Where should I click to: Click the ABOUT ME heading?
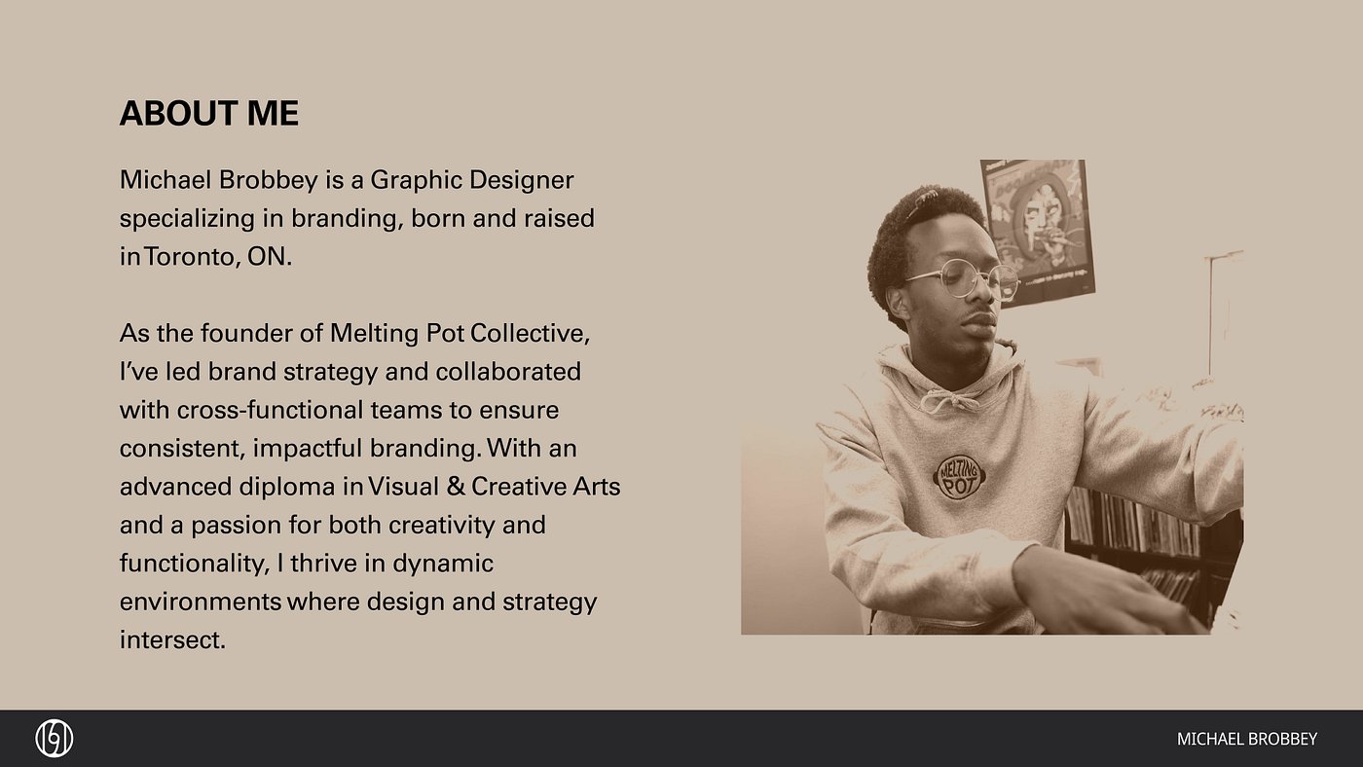[208, 113]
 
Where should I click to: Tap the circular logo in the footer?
[55, 739]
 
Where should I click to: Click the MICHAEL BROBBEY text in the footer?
[1247, 739]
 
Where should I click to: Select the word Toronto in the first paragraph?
[190, 257]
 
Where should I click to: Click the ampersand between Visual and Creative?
[456, 487]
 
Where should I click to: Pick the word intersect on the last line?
[172, 639]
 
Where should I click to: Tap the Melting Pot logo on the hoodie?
[959, 478]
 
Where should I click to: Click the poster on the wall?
[1039, 232]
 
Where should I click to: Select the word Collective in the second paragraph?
[530, 333]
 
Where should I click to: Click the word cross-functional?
[271, 410]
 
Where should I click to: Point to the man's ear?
[898, 303]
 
